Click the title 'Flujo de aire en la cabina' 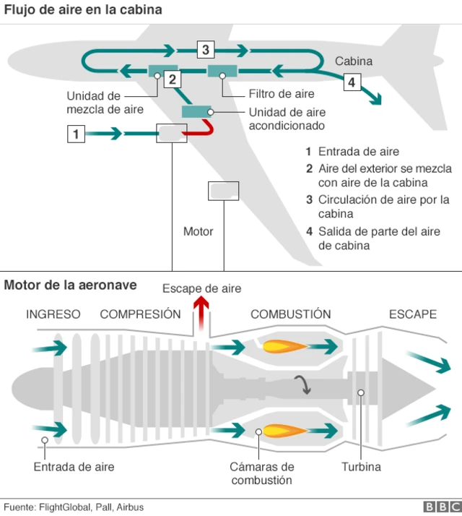click(83, 10)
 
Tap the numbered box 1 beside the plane click(76, 134)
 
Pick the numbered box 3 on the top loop click(206, 50)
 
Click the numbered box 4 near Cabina click(351, 82)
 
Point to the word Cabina click(354, 61)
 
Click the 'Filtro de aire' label click(282, 94)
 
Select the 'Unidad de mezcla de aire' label click(105, 103)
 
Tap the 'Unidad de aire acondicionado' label click(287, 119)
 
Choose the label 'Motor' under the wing click(198, 232)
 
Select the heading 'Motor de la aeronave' click(70, 285)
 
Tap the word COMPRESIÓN click(140, 314)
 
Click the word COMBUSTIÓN click(290, 314)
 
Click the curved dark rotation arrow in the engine click(305, 385)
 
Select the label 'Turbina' click(361, 467)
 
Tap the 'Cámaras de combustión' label click(262, 473)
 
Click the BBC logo click(440, 507)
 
